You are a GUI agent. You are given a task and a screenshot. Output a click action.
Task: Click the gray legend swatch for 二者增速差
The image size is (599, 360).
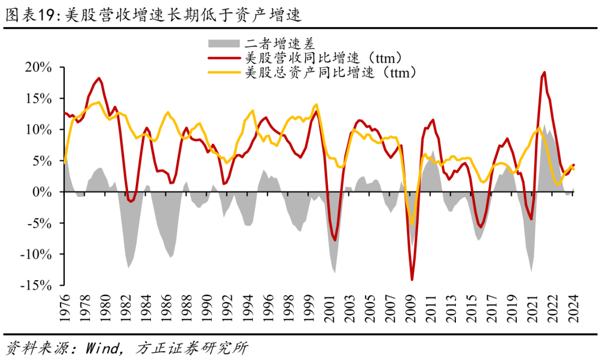(x=223, y=43)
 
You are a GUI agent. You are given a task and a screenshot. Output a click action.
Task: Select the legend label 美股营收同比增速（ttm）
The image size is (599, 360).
(x=322, y=58)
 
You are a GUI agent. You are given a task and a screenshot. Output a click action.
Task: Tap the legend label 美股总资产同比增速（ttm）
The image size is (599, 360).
(x=330, y=72)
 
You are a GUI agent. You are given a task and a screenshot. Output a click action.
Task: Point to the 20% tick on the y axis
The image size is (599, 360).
(x=38, y=67)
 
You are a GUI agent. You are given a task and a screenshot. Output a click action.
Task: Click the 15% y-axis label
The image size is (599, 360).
(x=38, y=98)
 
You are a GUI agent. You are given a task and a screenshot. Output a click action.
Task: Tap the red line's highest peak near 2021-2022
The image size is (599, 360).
(x=544, y=72)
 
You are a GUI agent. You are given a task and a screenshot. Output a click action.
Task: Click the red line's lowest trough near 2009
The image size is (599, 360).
(x=412, y=280)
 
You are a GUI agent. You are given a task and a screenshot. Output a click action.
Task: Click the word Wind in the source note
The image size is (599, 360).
(x=103, y=348)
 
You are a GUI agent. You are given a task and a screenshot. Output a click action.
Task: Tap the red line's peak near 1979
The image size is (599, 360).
(x=99, y=78)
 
